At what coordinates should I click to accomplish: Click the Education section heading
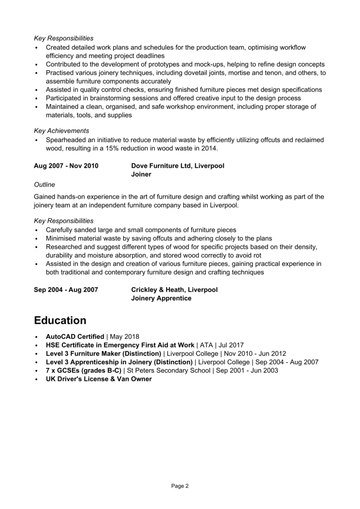[x=60, y=320]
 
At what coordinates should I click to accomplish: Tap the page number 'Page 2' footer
[x=180, y=486]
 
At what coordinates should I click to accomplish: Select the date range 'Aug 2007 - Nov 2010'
[x=66, y=166]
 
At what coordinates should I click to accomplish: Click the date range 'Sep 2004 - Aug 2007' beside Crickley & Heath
[x=66, y=290]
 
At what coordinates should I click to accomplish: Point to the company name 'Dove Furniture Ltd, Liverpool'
[x=178, y=166]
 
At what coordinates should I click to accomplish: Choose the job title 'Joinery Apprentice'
[x=161, y=298]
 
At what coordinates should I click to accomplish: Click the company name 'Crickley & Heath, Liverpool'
[x=174, y=290]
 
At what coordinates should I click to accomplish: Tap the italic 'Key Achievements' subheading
[x=61, y=130]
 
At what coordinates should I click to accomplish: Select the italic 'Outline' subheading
[x=45, y=184]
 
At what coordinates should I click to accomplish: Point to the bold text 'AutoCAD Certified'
[x=75, y=336]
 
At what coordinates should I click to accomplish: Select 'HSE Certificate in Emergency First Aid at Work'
[x=120, y=345]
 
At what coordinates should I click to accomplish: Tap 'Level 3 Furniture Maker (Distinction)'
[x=104, y=354]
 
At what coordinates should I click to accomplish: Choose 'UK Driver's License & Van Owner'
[x=98, y=379]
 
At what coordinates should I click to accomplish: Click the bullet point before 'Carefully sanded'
[x=36, y=230]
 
